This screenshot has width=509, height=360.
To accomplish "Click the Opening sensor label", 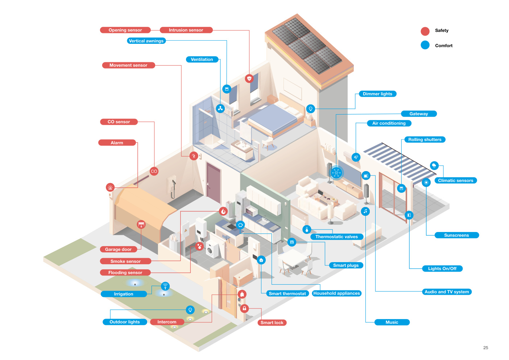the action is (125, 30).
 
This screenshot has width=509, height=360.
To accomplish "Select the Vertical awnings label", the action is (146, 41).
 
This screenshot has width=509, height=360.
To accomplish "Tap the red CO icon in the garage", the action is (154, 171).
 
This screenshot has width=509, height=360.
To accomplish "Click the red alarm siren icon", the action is (110, 187).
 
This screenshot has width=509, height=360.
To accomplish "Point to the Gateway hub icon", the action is (336, 173).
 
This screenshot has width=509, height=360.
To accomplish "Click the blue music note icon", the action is (365, 211).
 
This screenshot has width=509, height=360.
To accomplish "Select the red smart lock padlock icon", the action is (244, 309).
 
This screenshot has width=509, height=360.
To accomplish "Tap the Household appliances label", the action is (336, 293).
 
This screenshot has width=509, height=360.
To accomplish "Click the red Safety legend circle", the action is (425, 31).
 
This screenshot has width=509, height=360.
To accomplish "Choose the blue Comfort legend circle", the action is (425, 45).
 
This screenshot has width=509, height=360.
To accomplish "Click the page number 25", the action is (485, 348).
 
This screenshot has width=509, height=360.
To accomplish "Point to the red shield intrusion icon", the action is (249, 79).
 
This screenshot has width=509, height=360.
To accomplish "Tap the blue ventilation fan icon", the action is (220, 109).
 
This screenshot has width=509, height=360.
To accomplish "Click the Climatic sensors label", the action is (456, 181).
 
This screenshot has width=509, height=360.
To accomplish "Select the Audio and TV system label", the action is (447, 292).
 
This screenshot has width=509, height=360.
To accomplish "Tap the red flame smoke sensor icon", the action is (223, 211).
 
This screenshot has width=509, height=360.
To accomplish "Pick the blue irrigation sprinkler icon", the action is (165, 286).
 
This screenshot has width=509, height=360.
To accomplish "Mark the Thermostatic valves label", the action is (336, 237).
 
